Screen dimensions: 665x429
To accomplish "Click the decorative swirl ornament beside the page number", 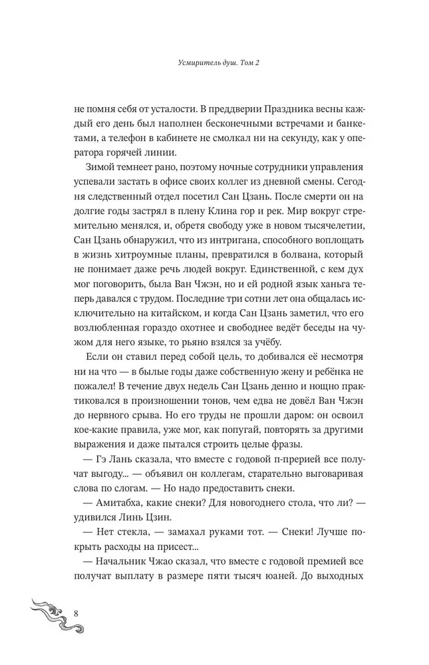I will click(41, 615).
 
